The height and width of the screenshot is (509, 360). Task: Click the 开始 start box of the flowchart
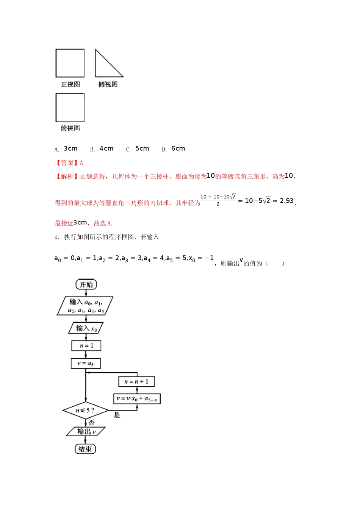coord(86,284)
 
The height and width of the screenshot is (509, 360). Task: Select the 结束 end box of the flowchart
coord(85,449)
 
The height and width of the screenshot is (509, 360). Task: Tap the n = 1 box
coord(86,345)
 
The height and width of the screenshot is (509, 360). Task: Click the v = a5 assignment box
coord(86,364)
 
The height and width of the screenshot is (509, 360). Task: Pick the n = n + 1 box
coord(136,381)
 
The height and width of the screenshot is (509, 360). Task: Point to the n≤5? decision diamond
coord(85,411)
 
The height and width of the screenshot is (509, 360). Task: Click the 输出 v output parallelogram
coord(86,431)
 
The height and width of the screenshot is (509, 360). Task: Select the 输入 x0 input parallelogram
coord(86,328)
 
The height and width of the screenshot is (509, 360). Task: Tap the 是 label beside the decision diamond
coord(117,415)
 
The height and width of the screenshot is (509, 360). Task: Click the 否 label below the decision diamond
coord(92,423)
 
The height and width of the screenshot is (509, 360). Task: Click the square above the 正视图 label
coord(70,63)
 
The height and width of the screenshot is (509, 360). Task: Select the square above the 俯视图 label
coord(70,108)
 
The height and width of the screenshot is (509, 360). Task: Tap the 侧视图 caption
coord(108,84)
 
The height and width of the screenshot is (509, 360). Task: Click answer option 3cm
coord(70,148)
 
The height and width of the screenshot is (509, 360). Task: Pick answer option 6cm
coord(178,148)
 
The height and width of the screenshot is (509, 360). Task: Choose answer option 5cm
coord(142,148)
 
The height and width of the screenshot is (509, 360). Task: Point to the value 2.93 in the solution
coord(286,201)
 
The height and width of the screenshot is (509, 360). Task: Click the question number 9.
coord(56,237)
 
